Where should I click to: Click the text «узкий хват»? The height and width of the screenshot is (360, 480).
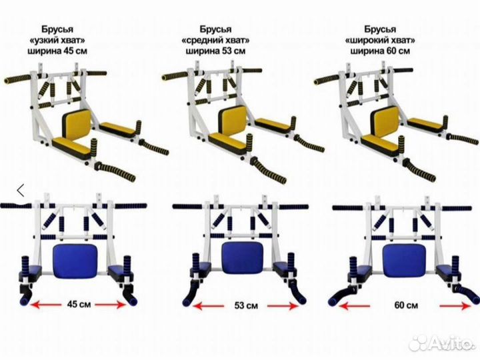pyautogui.click(x=57, y=40)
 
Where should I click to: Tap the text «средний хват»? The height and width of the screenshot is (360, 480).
pyautogui.click(x=216, y=40)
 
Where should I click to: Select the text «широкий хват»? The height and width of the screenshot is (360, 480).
pyautogui.click(x=380, y=40)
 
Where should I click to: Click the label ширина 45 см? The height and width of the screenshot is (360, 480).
pyautogui.click(x=57, y=51)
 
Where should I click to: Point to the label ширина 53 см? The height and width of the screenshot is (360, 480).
pyautogui.click(x=216, y=51)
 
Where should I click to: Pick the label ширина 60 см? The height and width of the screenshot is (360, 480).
pyautogui.click(x=380, y=51)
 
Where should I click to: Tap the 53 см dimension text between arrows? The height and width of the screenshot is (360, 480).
pyautogui.click(x=246, y=305)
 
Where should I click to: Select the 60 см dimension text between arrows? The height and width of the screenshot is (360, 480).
pyautogui.click(x=406, y=305)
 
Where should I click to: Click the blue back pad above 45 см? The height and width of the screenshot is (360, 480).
pyautogui.click(x=75, y=261)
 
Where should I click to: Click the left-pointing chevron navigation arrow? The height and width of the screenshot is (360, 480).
pyautogui.click(x=21, y=191)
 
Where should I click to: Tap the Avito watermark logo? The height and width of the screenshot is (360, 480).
pyautogui.click(x=441, y=343)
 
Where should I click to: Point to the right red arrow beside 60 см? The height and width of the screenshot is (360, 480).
pyautogui.click(x=455, y=306)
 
